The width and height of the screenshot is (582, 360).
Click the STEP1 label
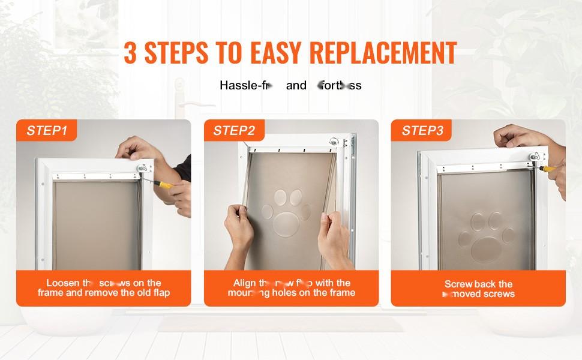coord(47,131)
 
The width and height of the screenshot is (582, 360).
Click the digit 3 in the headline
coord(131,53)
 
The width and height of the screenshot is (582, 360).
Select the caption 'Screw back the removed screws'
coord(479,289)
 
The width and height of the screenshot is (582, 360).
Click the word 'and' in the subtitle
coord(296,85)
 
